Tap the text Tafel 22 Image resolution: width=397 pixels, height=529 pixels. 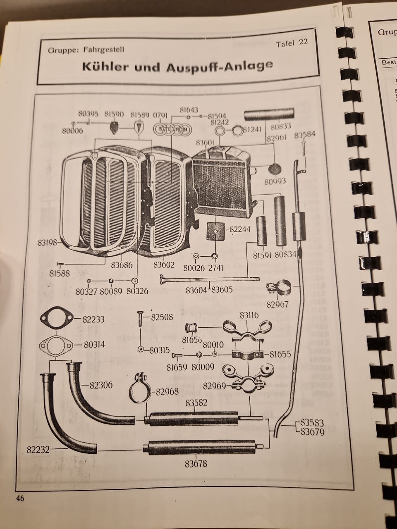[x=292, y=43]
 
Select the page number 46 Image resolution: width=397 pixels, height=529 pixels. [x=20, y=498]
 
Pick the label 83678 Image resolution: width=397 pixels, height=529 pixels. [x=196, y=464]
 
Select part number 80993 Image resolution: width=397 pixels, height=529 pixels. [x=275, y=181]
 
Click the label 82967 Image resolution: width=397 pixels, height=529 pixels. [x=278, y=304]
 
